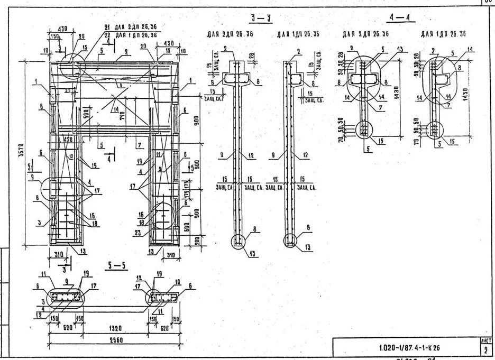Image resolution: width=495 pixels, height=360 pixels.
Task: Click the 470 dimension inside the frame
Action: click(x=68, y=140)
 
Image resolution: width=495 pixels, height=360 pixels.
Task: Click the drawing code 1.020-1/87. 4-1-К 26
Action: click(x=409, y=348)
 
